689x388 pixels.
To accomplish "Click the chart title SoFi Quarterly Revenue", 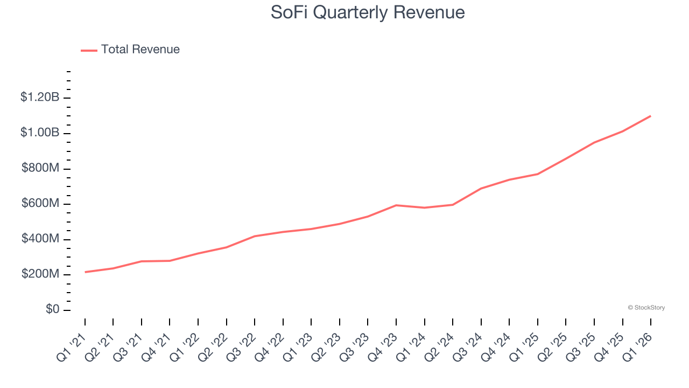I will pyautogui.click(x=368, y=12).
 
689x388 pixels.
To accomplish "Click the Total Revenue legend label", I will pyautogui.click(x=140, y=50).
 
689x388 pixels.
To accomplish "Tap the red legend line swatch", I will pyautogui.click(x=89, y=50).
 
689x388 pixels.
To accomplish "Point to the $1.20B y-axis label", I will pyautogui.click(x=40, y=98).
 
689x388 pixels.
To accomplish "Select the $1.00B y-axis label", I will pyautogui.click(x=40, y=133).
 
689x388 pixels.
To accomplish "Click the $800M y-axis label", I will pyautogui.click(x=40, y=169).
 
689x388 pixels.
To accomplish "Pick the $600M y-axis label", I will pyautogui.click(x=40, y=204).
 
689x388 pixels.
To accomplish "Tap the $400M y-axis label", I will pyautogui.click(x=40, y=239).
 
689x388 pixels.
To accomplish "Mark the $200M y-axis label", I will pyautogui.click(x=40, y=274).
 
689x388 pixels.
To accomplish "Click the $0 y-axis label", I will pyautogui.click(x=52, y=310).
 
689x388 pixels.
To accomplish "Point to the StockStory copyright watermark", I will pyautogui.click(x=646, y=308).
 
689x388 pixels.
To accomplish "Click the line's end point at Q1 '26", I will pyautogui.click(x=650, y=116).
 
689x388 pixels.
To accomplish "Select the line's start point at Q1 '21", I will pyautogui.click(x=85, y=272).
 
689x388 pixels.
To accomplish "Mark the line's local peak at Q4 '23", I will pyautogui.click(x=396, y=205).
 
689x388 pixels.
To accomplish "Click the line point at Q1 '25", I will pyautogui.click(x=538, y=174).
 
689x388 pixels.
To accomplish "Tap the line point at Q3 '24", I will pyautogui.click(x=481, y=189).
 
